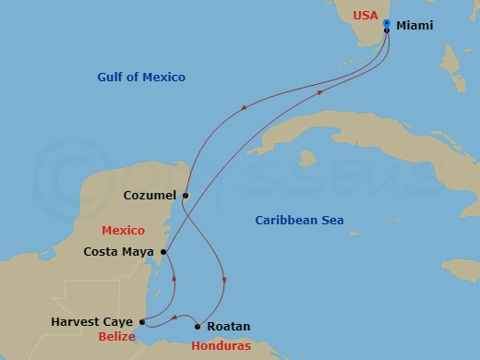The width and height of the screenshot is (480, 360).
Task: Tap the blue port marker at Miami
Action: coord(387,23)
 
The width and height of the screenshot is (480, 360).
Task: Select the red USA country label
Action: coord(365,16)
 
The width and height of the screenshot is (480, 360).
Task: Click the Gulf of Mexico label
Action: coord(141,78)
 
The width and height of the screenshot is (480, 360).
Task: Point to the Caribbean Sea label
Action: coord(299,220)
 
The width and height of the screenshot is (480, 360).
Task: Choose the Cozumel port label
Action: coord(150,196)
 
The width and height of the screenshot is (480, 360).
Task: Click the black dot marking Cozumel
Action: coord(186,196)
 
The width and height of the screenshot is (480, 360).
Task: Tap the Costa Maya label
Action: coord(120,251)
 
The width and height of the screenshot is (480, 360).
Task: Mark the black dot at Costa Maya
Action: coord(163,251)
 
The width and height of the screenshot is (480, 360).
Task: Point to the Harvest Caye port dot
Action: coord(142,322)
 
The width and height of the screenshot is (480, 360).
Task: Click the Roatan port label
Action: coord(228,326)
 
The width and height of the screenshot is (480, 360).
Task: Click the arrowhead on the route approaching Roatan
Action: coord(224,281)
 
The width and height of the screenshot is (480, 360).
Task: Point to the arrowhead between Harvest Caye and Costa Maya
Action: coord(174,274)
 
